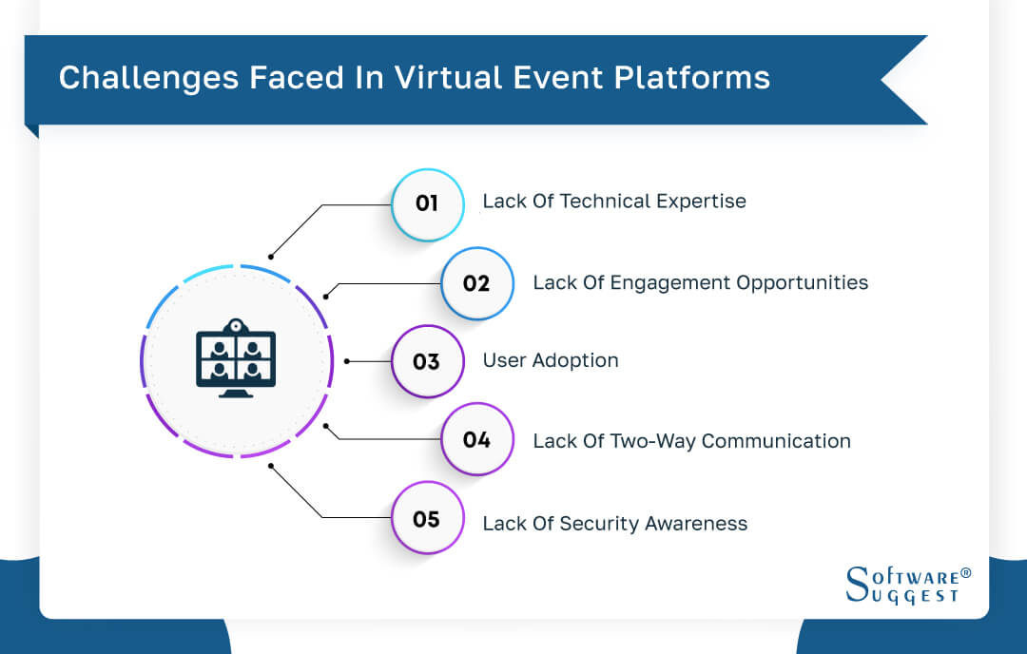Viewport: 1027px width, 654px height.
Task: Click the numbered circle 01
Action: click(x=427, y=203)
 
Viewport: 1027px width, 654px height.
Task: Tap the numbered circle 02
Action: click(x=476, y=283)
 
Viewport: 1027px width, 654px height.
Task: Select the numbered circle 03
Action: click(x=427, y=361)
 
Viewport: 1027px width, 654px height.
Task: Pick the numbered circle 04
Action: click(x=476, y=440)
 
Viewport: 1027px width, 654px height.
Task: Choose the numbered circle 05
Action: click(x=427, y=519)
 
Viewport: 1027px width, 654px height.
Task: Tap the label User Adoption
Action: click(x=551, y=360)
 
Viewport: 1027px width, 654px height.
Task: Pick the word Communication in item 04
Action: click(x=776, y=441)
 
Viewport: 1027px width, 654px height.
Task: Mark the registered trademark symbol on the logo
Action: click(x=965, y=573)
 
